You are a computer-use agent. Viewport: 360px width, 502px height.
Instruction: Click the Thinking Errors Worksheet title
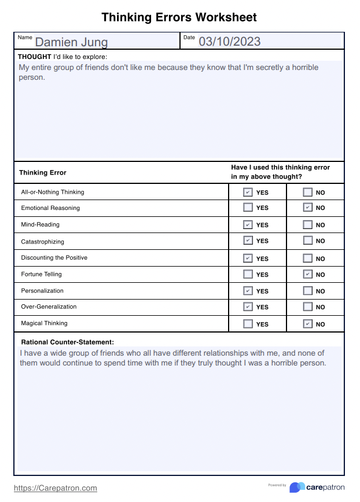(179, 17)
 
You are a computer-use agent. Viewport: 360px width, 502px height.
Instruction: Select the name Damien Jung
(71, 42)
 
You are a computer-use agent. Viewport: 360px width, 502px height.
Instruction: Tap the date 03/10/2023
(229, 41)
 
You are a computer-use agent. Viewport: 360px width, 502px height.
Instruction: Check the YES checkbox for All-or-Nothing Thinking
(248, 193)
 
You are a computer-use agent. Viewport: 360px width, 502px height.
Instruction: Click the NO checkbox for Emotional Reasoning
(307, 208)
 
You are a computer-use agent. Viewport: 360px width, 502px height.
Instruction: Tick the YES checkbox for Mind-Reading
(248, 225)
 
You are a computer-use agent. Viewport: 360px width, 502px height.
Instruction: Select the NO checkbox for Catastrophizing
(307, 241)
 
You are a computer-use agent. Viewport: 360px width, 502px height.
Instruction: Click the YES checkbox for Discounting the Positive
(248, 259)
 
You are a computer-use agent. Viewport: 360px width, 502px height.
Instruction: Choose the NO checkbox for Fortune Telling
(307, 275)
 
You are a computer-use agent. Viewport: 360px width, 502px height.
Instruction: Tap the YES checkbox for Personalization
(248, 291)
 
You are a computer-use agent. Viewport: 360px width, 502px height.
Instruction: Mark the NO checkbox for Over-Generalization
(307, 307)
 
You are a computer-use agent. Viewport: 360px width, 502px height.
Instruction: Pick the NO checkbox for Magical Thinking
(307, 324)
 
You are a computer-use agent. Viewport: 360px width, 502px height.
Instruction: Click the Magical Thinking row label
(44, 323)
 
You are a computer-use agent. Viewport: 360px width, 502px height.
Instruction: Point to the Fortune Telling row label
(41, 274)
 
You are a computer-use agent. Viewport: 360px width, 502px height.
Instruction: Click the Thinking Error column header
(43, 172)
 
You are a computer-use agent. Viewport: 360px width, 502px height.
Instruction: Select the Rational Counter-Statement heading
(67, 342)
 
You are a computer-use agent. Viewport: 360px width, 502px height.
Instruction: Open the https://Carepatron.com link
(56, 488)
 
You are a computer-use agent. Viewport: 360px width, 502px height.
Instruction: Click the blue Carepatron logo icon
(297, 488)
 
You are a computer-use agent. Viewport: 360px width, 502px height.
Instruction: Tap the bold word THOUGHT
(34, 57)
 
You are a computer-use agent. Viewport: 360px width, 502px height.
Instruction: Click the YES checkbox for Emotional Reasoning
(248, 208)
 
